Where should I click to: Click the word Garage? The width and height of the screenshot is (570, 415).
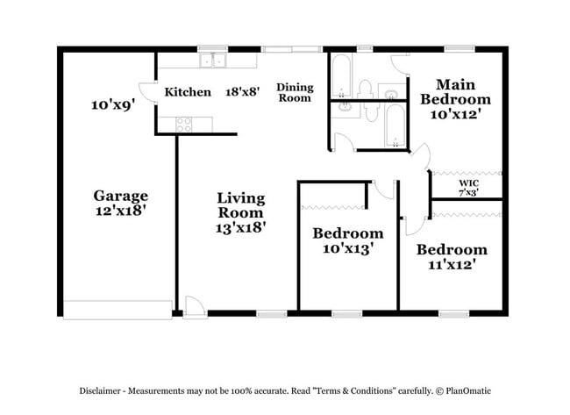121,196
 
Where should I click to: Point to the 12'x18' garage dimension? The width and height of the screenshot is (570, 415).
121,211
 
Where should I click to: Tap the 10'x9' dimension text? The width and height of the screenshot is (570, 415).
112,104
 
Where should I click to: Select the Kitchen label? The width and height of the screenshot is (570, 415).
188,91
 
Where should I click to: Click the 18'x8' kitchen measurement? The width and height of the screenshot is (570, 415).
242,91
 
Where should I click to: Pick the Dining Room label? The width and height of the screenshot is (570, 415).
295,92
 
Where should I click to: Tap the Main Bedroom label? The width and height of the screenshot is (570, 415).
455,91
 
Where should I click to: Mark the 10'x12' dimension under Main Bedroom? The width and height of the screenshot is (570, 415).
455,113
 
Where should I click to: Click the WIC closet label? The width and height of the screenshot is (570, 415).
468,182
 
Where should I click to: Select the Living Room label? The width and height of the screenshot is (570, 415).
241,205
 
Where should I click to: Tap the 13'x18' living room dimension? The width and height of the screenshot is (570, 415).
241,227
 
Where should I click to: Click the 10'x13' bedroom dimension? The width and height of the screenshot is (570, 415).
347,248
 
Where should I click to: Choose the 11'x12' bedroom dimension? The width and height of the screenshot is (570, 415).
451,264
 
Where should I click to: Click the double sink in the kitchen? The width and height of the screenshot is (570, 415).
211,61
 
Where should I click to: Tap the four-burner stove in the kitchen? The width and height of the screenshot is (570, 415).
184,125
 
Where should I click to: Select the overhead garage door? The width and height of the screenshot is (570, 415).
117,310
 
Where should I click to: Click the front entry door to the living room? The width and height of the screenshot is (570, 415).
195,307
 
